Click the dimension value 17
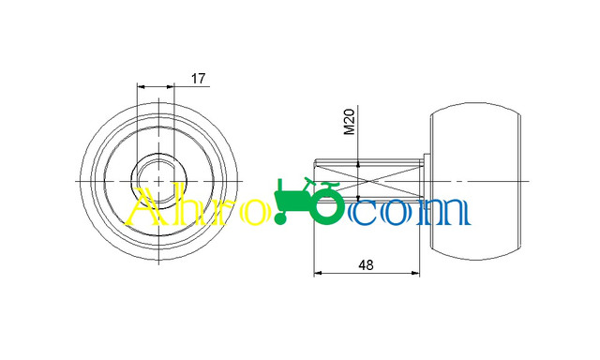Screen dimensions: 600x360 198,79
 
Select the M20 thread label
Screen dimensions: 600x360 350,122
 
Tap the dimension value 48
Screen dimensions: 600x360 366,264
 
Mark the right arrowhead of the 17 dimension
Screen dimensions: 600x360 171,87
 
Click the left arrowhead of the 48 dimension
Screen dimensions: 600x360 318,273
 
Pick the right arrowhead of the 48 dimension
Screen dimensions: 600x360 415,273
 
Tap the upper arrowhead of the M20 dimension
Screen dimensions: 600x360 358,164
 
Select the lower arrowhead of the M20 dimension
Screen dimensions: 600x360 358,198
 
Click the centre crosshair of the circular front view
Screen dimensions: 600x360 158,181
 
